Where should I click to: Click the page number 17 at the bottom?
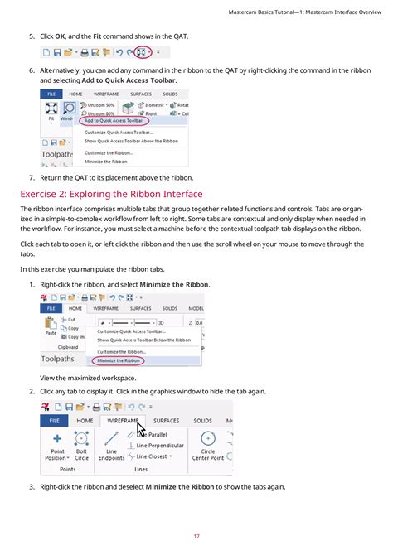click(x=196, y=536)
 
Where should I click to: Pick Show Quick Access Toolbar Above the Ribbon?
click(x=131, y=141)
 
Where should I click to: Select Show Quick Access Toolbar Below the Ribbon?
click(x=143, y=340)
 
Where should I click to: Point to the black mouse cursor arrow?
click(x=140, y=428)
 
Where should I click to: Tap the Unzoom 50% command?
click(x=99, y=105)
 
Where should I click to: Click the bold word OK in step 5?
click(x=61, y=36)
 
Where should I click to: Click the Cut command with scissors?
click(x=70, y=319)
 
